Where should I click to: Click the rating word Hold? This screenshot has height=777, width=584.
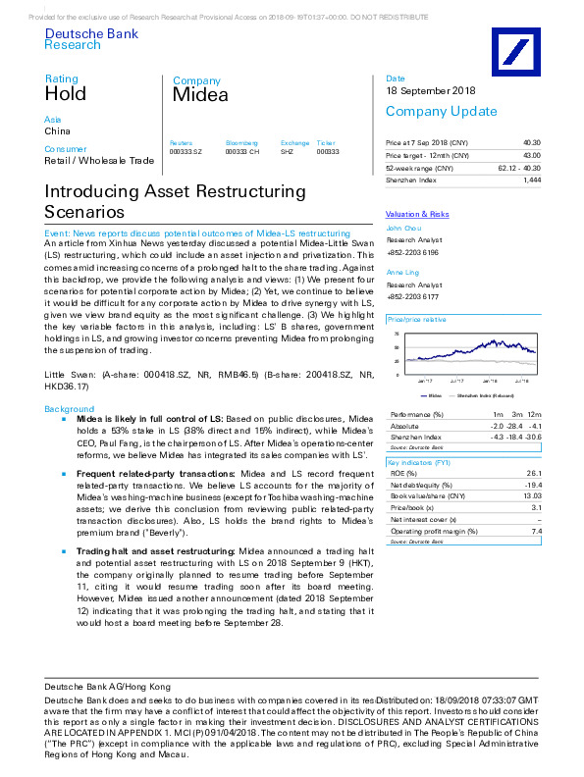pyautogui.click(x=66, y=94)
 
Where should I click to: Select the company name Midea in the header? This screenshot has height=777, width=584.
pyautogui.click(x=200, y=95)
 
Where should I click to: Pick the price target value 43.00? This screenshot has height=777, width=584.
pyautogui.click(x=531, y=155)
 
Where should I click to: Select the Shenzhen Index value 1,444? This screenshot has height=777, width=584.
pyautogui.click(x=532, y=181)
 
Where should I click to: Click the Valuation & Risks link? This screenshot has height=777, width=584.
pyautogui.click(x=417, y=214)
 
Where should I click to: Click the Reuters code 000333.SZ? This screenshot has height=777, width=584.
pyautogui.click(x=186, y=152)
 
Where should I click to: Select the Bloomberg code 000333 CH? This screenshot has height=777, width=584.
pyautogui.click(x=242, y=152)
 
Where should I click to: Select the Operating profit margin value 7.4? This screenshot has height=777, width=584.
pyautogui.click(x=536, y=531)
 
